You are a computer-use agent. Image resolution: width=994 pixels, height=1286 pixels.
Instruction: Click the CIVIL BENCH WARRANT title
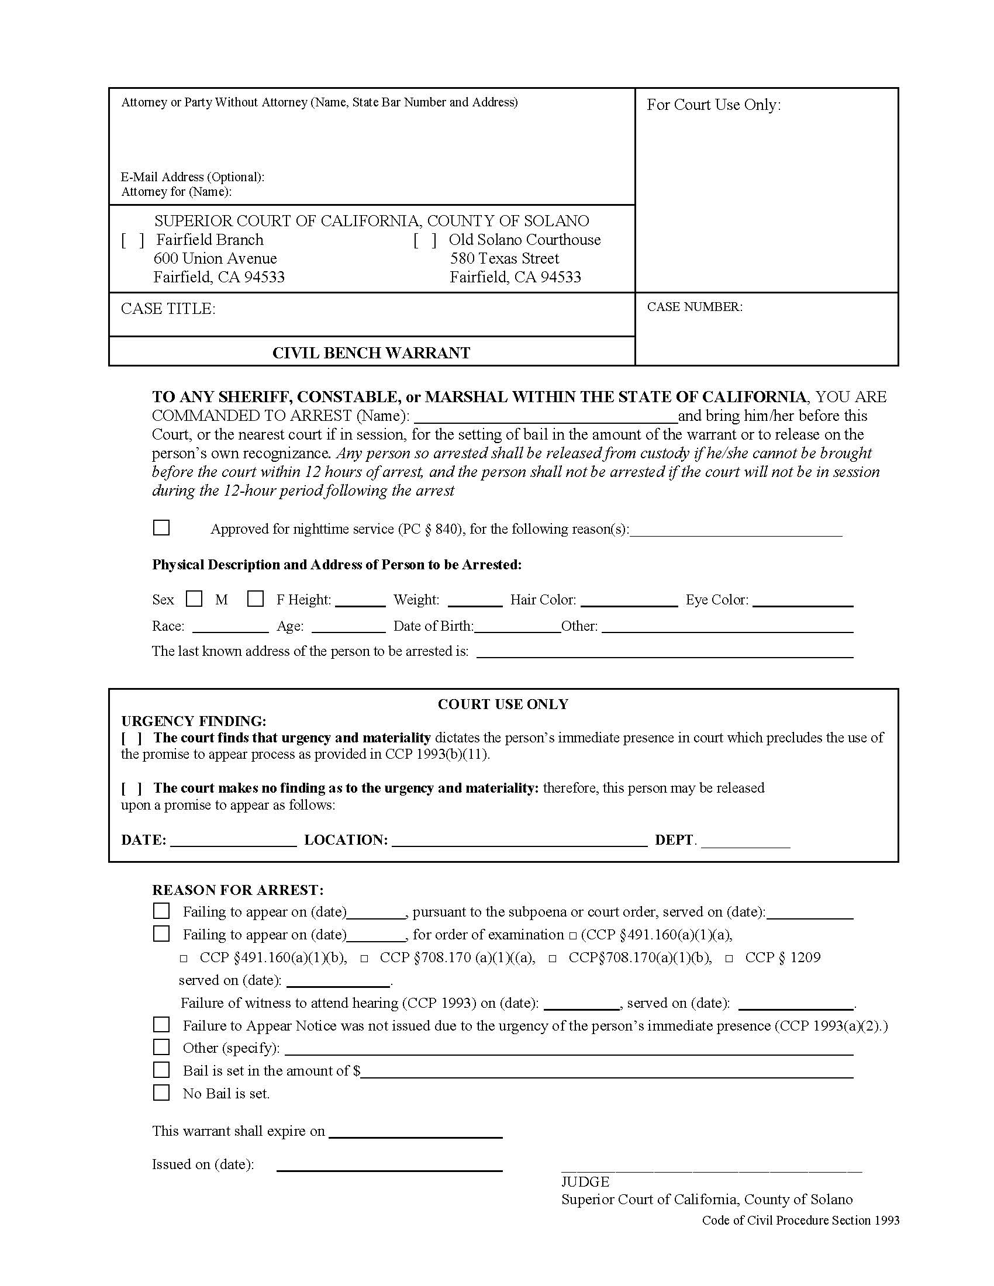(371, 352)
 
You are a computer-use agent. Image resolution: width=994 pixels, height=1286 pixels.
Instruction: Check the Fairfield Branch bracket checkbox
(133, 240)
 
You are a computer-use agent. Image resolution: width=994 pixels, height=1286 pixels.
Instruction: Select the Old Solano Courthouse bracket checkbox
(424, 240)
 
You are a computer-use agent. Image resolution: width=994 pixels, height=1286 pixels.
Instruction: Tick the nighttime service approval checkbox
(161, 527)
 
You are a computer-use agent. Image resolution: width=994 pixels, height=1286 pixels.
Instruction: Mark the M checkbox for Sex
(194, 599)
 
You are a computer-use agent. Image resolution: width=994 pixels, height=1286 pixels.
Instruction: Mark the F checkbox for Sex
(255, 599)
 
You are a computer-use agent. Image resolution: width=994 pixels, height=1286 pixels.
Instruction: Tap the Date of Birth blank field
(517, 628)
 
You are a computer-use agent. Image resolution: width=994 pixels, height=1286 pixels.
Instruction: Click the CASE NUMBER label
(694, 307)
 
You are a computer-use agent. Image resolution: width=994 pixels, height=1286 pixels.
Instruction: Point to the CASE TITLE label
(168, 309)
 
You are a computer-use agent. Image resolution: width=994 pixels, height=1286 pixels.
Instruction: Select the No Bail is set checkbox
(161, 1093)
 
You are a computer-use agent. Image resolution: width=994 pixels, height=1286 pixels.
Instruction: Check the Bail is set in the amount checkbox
(161, 1070)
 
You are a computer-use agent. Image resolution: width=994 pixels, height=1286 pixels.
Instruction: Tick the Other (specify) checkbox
(161, 1047)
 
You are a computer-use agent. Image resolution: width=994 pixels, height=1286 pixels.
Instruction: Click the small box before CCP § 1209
(729, 959)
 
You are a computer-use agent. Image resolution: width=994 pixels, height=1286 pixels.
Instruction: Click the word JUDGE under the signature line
(585, 1182)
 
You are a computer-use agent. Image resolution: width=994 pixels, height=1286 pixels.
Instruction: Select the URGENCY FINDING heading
(194, 721)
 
